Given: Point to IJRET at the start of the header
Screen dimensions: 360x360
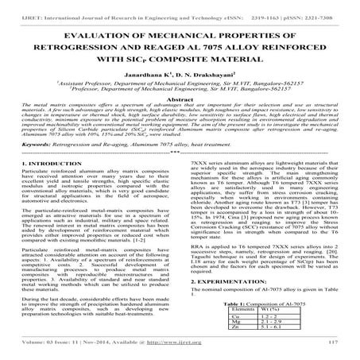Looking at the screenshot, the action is point(15,6).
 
